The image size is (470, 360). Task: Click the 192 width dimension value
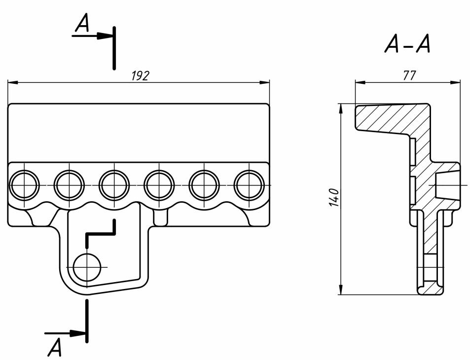pyautogui.click(x=140, y=75)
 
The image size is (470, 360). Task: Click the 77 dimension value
pyautogui.click(x=409, y=75)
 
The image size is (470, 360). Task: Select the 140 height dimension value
pyautogui.click(x=334, y=197)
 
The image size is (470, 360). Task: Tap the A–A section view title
pyautogui.click(x=407, y=45)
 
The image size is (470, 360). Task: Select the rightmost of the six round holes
pyautogui.click(x=249, y=185)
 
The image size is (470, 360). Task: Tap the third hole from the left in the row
pyautogui.click(x=114, y=185)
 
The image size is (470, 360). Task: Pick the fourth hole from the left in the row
pyautogui.click(x=159, y=185)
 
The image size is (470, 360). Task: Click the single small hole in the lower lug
pyautogui.click(x=87, y=268)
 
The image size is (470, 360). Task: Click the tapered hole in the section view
pyautogui.click(x=446, y=184)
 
